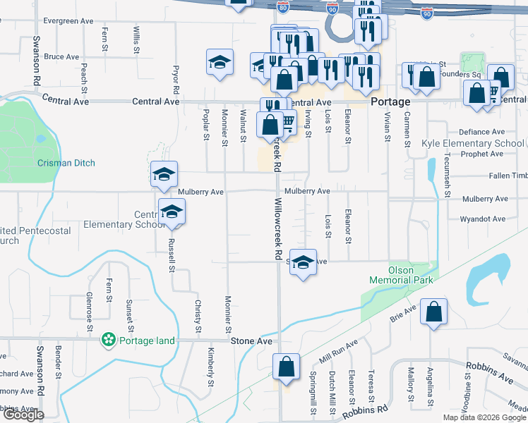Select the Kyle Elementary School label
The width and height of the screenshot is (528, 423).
pyautogui.click(x=472, y=143)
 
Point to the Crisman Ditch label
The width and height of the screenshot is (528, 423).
pyautogui.click(x=66, y=163)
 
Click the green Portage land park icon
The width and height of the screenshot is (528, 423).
pyautogui.click(x=109, y=341)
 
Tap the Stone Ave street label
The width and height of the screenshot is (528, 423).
pyautogui.click(x=251, y=341)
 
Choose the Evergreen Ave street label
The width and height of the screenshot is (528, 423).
pyautogui.click(x=68, y=22)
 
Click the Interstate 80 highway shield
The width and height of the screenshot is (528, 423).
pyautogui.click(x=282, y=7)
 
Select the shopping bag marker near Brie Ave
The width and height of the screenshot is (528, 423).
pyautogui.click(x=434, y=311)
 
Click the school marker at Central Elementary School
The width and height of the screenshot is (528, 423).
pyautogui.click(x=172, y=211)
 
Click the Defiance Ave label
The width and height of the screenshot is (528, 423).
pyautogui.click(x=482, y=132)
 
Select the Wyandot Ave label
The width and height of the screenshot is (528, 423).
pyautogui.click(x=484, y=219)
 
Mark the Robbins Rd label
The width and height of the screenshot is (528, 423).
pyautogui.click(x=364, y=411)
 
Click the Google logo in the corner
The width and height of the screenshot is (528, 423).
pyautogui.click(x=23, y=415)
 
